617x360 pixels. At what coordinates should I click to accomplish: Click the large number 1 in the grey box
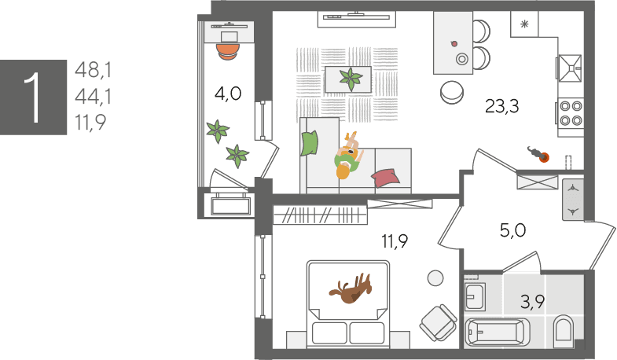(33, 97)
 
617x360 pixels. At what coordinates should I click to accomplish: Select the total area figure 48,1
(94, 71)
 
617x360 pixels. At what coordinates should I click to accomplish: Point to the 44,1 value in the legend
(94, 97)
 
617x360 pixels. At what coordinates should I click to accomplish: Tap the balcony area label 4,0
(228, 94)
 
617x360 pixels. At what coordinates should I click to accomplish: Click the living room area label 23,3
(501, 106)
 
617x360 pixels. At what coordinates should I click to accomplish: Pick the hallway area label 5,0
(512, 230)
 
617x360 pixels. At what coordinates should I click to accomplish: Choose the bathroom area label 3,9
(532, 302)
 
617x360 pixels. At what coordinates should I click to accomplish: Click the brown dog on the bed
(351, 288)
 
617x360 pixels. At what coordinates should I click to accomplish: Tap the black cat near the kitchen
(538, 154)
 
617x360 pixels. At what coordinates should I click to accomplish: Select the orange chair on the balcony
(228, 52)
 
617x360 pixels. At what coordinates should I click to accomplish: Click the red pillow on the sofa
(386, 178)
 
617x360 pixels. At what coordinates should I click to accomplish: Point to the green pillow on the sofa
(310, 143)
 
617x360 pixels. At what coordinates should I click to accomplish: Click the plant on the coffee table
(351, 79)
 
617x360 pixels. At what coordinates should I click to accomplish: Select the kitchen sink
(569, 68)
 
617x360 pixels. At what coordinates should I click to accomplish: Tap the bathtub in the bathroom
(497, 332)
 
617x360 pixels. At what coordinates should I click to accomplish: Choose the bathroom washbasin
(475, 296)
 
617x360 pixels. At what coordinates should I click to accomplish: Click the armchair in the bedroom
(439, 323)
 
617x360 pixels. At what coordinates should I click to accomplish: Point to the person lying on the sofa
(348, 156)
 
